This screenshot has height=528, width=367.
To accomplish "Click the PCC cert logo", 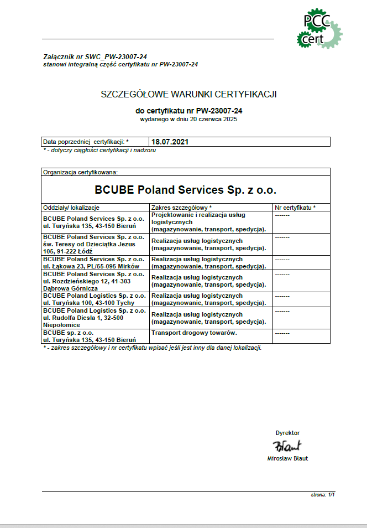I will pyautogui.click(x=319, y=29).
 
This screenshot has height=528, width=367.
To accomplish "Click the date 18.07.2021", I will pyautogui.click(x=170, y=142).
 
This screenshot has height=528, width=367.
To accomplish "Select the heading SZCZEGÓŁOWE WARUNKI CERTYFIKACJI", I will pyautogui.click(x=188, y=94).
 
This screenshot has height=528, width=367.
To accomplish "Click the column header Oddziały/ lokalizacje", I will pyautogui.click(x=71, y=208).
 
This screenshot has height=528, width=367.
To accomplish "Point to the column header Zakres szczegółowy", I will pyautogui.click(x=181, y=208).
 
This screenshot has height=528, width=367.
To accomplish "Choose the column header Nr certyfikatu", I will pyautogui.click(x=295, y=208).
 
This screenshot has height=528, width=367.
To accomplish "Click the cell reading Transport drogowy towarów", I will pyautogui.click(x=194, y=333).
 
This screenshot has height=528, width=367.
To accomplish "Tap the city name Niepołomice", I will pyautogui.click(x=62, y=325).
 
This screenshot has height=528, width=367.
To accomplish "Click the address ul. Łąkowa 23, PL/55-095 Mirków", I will pyautogui.click(x=91, y=266).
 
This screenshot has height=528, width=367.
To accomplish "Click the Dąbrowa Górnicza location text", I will pyautogui.click(x=70, y=288).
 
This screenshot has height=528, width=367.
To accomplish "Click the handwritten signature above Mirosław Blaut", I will pyautogui.click(x=287, y=446).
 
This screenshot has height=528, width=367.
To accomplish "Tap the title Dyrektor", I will pyautogui.click(x=287, y=433).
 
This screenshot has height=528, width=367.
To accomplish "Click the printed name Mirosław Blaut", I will pyautogui.click(x=287, y=458).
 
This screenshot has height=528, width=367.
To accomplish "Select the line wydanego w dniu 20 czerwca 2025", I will pyautogui.click(x=188, y=120).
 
